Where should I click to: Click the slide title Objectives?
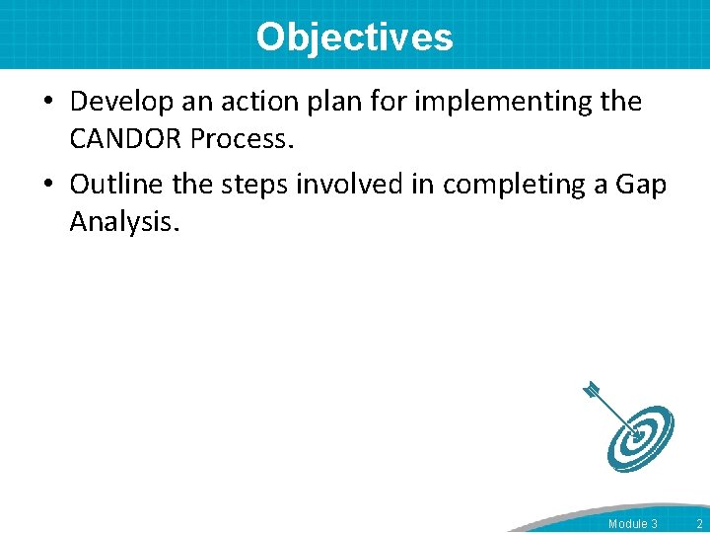tap(354, 37)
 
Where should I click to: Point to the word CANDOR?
tap(125, 139)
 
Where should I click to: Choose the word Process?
tap(242, 139)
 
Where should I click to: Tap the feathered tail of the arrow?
tap(592, 390)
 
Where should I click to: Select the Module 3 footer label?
tap(633, 523)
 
